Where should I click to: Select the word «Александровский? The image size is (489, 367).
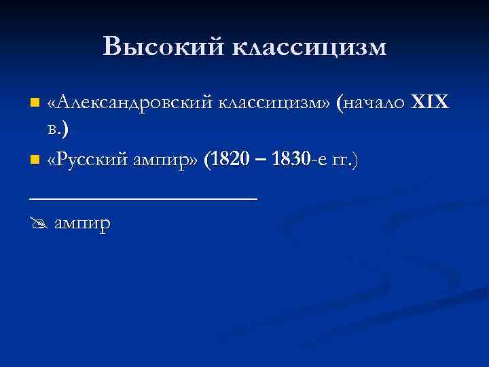coord(130,103)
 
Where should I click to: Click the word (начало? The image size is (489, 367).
coord(373,103)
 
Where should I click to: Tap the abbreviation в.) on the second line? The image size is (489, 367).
coord(59,129)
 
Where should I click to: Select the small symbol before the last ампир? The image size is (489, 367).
coord(38,223)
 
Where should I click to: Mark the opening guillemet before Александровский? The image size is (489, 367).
coord(51,103)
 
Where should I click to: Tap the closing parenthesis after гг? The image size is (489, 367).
coord(355,160)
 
